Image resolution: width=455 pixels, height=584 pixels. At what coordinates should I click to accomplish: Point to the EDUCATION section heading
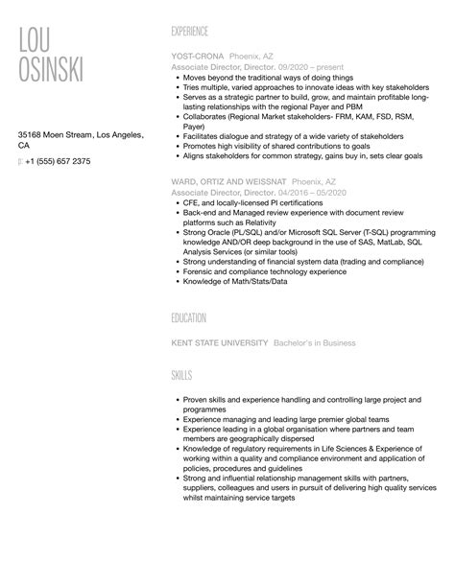(x=188, y=317)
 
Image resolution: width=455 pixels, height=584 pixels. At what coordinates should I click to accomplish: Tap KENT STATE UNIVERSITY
(x=219, y=342)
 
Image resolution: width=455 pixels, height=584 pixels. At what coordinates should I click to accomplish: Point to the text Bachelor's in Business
(x=314, y=342)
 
